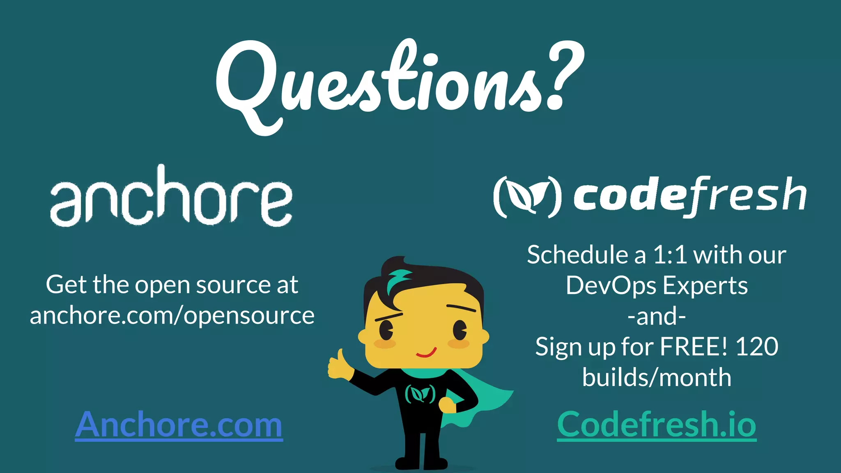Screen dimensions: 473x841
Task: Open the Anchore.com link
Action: point(179,425)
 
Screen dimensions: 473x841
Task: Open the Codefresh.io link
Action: point(656,425)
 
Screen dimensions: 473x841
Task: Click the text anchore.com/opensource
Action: point(172,316)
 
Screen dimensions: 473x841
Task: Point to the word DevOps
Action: point(611,285)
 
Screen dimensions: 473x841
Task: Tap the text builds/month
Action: point(656,377)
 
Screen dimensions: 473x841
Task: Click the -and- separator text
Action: point(656,317)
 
